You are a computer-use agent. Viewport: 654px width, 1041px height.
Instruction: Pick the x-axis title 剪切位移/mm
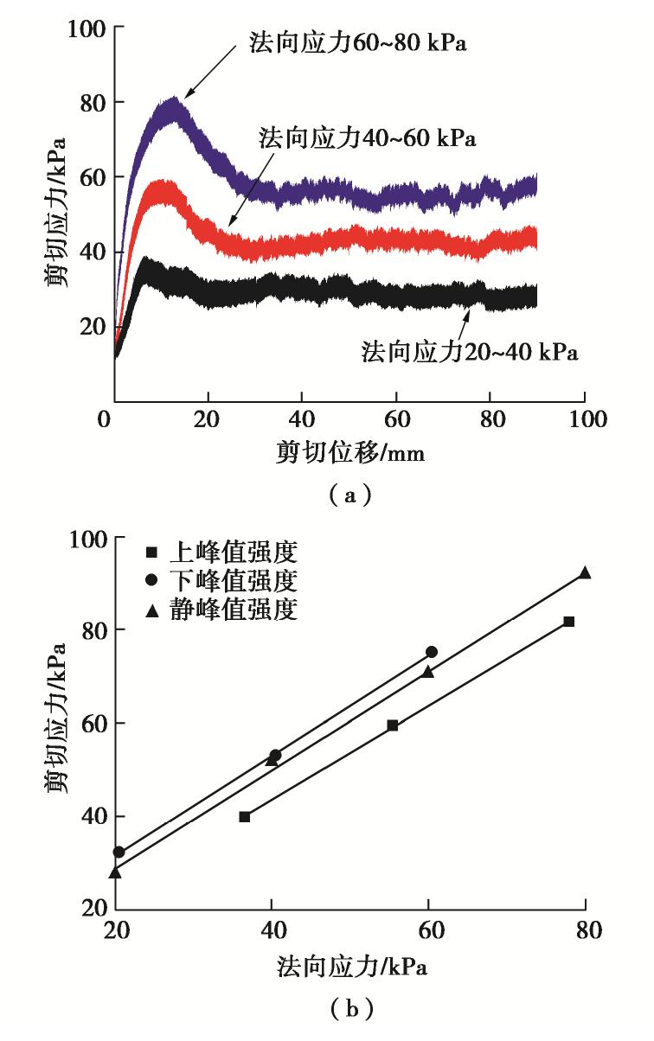point(350,450)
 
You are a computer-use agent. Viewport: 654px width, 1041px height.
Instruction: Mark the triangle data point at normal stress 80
point(585,572)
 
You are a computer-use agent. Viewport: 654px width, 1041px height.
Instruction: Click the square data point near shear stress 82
point(568,622)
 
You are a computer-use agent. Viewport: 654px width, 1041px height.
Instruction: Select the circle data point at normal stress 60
point(432,652)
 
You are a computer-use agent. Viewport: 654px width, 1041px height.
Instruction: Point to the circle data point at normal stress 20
point(119,853)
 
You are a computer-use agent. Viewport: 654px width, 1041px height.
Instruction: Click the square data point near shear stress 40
point(245,816)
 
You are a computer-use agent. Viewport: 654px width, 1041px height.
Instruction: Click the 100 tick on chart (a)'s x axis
point(585,420)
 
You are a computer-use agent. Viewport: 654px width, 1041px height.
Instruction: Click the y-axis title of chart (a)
point(61,213)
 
